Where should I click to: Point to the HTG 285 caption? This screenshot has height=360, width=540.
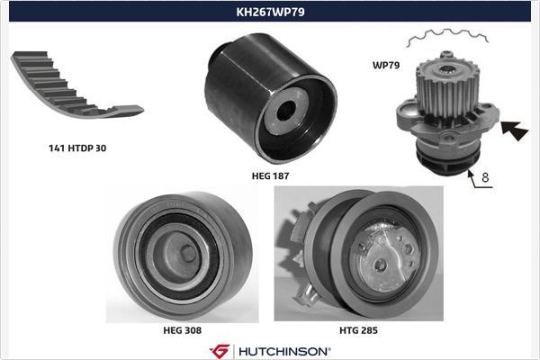[x=358, y=330]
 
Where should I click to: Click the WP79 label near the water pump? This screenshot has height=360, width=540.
[x=385, y=65]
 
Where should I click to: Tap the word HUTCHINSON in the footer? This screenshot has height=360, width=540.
[x=283, y=350]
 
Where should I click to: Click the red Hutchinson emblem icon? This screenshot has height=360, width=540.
[x=220, y=350]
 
